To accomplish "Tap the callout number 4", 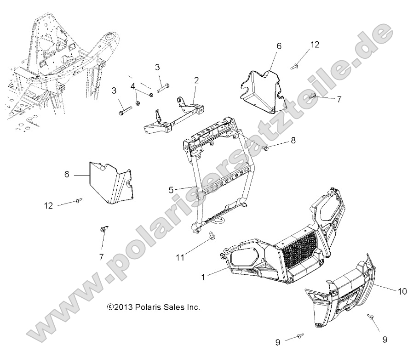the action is tap(132, 86).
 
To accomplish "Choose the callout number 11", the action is tap(180, 258).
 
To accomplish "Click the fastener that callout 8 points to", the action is tap(265, 148).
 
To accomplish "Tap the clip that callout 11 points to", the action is tap(213, 235).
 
